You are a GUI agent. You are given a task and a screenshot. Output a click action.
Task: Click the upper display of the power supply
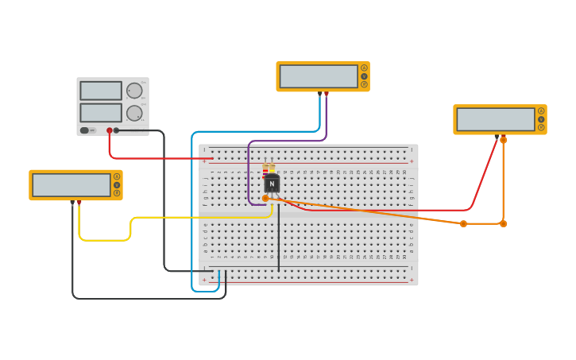pos(101,91)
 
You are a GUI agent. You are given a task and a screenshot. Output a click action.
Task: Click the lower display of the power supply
pos(101,113)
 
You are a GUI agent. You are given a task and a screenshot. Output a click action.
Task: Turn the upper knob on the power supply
pos(133,91)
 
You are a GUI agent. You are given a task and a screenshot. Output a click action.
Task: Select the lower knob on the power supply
pos(133,113)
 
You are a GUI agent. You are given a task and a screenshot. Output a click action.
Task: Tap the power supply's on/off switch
pos(84,130)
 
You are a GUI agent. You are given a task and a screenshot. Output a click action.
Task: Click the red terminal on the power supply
pos(110,130)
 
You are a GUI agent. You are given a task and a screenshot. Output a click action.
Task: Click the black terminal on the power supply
pos(116,130)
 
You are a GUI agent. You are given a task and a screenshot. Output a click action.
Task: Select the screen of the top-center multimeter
pos(319,76)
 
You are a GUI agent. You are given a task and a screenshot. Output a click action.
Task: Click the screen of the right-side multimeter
pos(496,119)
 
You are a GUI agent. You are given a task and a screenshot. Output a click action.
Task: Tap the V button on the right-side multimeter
pos(541,119)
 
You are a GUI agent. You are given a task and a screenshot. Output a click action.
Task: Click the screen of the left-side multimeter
pos(72,185)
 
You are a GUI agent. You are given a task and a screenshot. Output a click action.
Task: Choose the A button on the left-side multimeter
pos(117,176)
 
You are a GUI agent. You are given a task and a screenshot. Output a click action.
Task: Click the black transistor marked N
pos(272,184)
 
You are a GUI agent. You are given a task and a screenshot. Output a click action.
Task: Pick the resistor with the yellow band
pos(272,169)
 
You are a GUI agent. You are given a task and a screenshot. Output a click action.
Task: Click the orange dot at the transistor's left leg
pos(265,198)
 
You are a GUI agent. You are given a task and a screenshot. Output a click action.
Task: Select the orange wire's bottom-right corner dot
pos(503,223)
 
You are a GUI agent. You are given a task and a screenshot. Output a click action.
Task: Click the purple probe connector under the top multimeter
pos(320,94)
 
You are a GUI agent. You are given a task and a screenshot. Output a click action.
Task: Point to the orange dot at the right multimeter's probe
pos(503,140)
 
